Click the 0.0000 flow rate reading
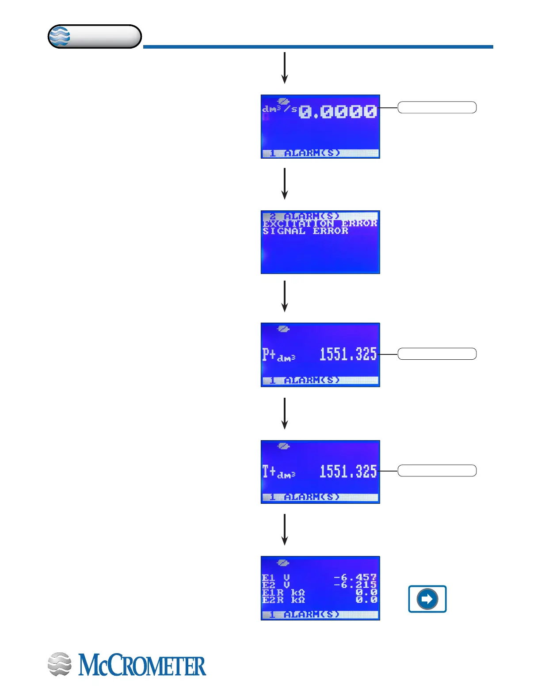pyautogui.click(x=338, y=111)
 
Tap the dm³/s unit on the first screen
pyautogui.click(x=279, y=109)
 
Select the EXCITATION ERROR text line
pyautogui.click(x=320, y=224)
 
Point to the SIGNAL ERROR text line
pyautogui.click(x=305, y=231)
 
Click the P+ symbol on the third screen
pyautogui.click(x=269, y=354)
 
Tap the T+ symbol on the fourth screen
pyautogui.click(x=269, y=472)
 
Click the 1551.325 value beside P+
pyautogui.click(x=348, y=354)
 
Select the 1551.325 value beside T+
pyautogui.click(x=348, y=471)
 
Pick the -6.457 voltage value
pyautogui.click(x=355, y=577)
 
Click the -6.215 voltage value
pyautogui.click(x=355, y=585)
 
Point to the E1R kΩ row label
pyautogui.click(x=283, y=593)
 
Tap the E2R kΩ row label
pyautogui.click(x=283, y=600)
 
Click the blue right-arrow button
pyautogui.click(x=427, y=599)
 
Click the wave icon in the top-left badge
pyautogui.click(x=59, y=36)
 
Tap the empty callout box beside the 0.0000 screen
pyautogui.click(x=437, y=107)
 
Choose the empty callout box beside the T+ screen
pyautogui.click(x=437, y=471)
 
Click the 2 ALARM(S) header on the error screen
pyautogui.click(x=305, y=216)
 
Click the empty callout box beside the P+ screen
pyautogui.click(x=437, y=354)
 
